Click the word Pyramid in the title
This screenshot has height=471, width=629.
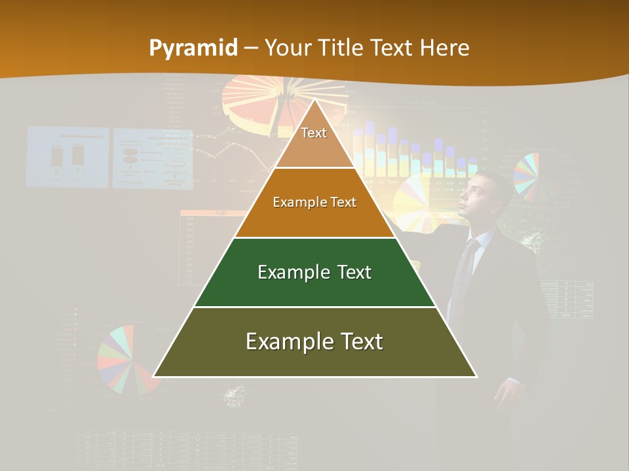pos(193,48)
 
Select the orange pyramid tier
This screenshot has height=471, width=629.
pos(314,203)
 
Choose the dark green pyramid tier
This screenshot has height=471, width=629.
pos(314,273)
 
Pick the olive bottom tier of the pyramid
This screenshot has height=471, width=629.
pos(314,342)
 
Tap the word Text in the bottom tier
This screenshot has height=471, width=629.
pos(357,341)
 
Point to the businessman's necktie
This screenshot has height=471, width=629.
pos(465,268)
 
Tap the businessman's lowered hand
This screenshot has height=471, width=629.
pos(506,396)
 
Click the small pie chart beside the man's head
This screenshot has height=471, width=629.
pos(526,175)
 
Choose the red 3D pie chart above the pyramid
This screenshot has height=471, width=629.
pos(259,105)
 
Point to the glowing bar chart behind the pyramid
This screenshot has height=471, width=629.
pos(406,154)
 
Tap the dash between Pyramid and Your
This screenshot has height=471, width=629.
pos(251,48)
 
